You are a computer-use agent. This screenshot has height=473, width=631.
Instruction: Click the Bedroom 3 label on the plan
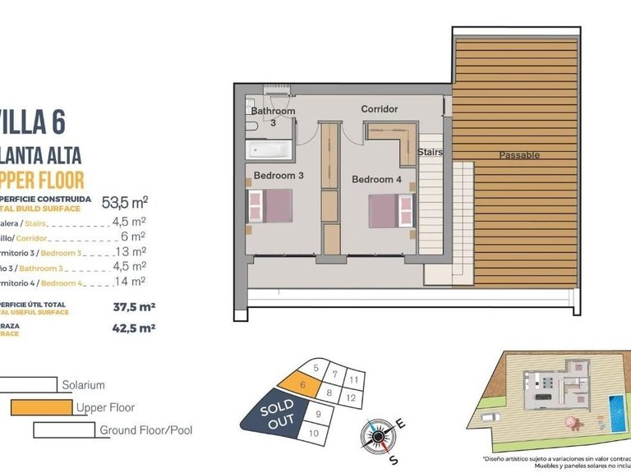tap(279, 176)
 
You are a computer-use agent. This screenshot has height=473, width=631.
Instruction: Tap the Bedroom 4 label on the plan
tap(377, 179)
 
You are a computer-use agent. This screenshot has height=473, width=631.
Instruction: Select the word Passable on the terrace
tap(519, 154)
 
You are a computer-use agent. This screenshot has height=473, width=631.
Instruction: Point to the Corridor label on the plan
tap(379, 109)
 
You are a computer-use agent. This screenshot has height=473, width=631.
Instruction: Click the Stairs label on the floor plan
tap(430, 153)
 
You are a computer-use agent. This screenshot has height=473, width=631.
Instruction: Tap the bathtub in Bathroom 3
tap(265, 150)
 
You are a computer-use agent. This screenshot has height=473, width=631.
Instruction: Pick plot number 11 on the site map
tap(353, 380)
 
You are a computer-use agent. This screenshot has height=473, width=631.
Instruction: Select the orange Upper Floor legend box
tap(41, 406)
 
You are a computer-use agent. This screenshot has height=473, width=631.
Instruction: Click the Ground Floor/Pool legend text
tap(145, 429)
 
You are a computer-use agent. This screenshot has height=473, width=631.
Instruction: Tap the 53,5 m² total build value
tap(123, 202)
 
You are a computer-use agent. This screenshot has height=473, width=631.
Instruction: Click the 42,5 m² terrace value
tap(134, 328)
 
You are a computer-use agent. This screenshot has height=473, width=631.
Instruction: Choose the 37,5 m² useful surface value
tap(134, 308)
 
